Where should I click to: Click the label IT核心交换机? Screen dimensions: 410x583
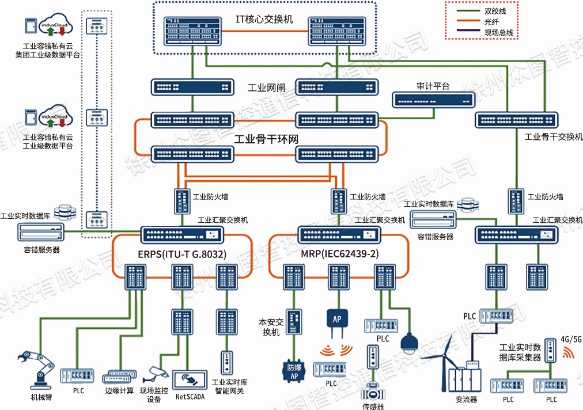(x=264, y=19)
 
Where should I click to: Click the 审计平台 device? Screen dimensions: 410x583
(x=432, y=100)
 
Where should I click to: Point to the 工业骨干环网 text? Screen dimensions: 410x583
(x=266, y=139)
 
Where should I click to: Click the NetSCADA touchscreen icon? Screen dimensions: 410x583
(x=190, y=378)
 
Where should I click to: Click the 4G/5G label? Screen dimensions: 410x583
(x=571, y=339)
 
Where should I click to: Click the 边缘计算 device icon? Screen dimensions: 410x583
(x=120, y=376)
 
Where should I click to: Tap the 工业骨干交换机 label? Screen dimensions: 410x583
(x=553, y=137)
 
